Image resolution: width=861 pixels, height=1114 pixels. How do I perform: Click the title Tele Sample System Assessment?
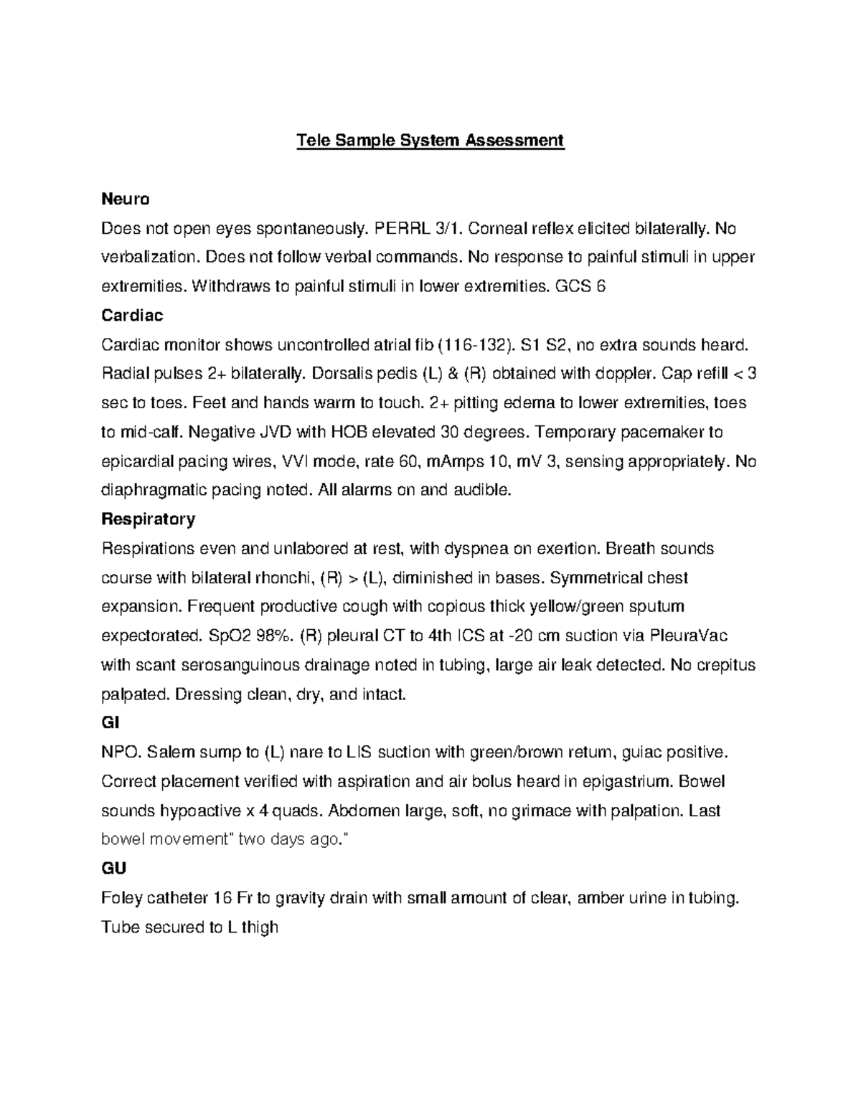click(x=430, y=140)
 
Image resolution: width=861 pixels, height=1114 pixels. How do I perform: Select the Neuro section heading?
click(x=125, y=199)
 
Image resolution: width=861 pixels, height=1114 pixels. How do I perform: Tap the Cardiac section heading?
click(x=132, y=316)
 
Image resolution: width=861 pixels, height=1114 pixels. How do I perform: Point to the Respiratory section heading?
click(x=148, y=519)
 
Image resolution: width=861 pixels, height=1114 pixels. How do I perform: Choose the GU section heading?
click(x=113, y=869)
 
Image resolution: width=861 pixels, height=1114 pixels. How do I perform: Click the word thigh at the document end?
click(x=259, y=927)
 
